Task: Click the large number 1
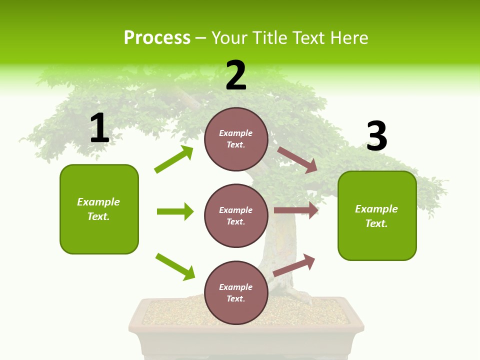coord(99,128)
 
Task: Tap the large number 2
coord(236,76)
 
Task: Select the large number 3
coord(376,136)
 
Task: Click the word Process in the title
coord(157,38)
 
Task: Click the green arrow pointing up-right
coord(174,159)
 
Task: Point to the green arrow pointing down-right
coord(175,266)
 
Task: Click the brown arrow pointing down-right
coord(297,160)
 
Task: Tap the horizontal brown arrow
coord(296,210)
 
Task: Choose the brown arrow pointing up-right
coord(294,265)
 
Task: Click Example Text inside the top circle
coord(236,139)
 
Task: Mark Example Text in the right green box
coord(376,216)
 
